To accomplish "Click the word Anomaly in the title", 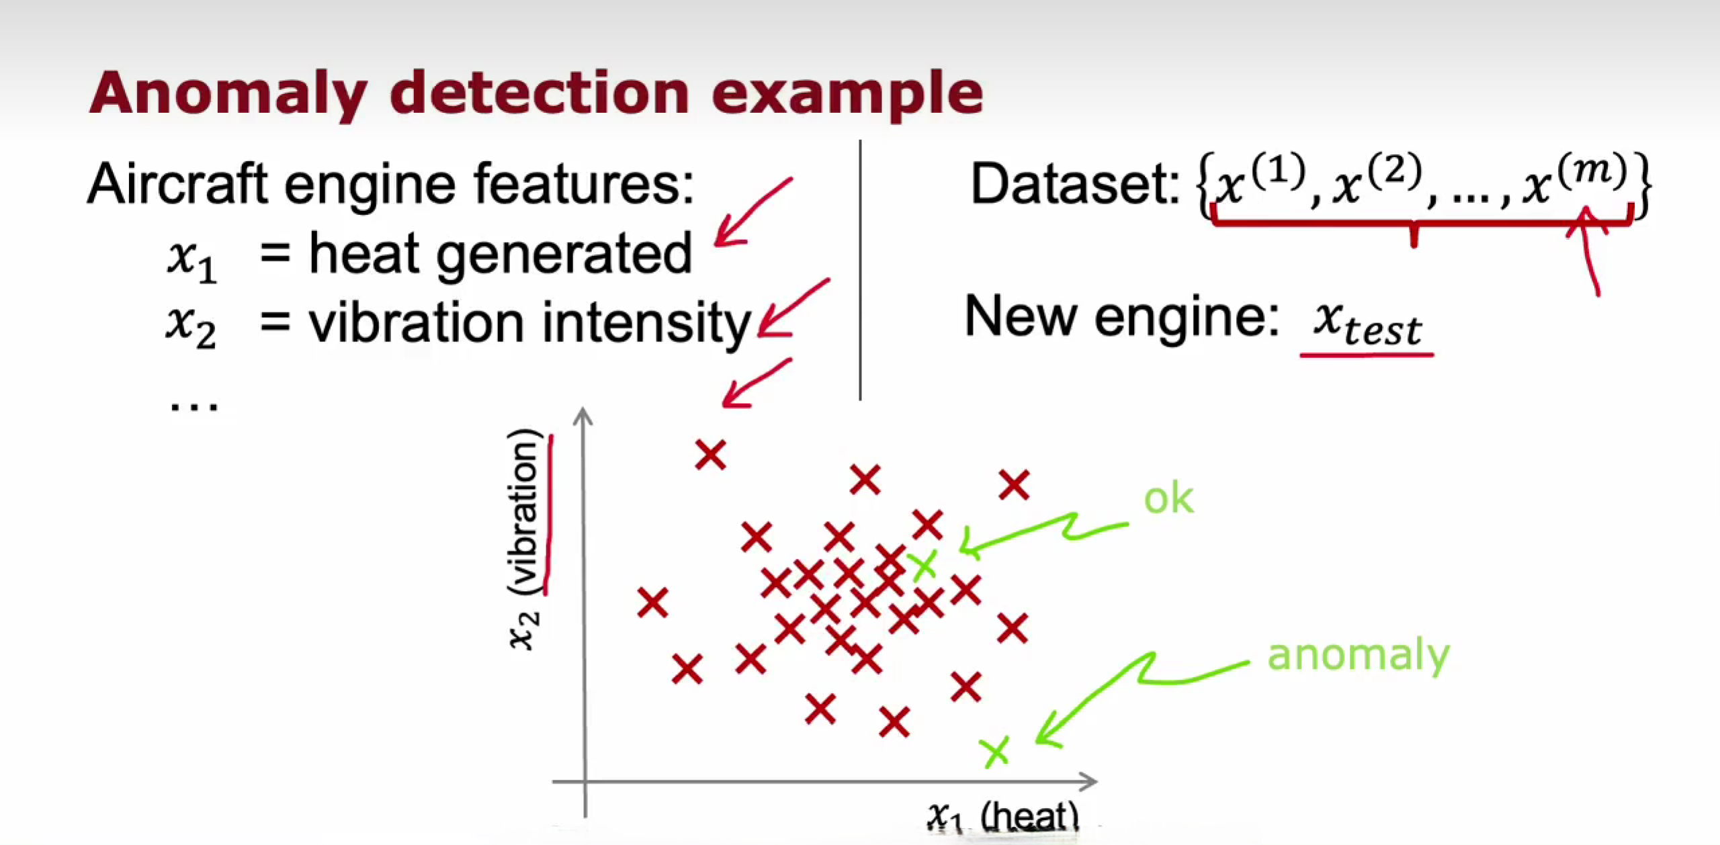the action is [x=229, y=94].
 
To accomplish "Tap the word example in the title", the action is [x=847, y=94].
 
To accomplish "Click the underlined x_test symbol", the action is [x=1367, y=324].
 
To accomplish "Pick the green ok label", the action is [x=1168, y=499].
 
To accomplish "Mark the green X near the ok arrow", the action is [x=923, y=566].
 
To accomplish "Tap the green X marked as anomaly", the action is [x=994, y=752].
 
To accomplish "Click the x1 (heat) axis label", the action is [x=1003, y=817].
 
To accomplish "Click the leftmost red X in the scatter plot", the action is [x=652, y=603].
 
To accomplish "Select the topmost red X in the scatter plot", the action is [x=710, y=455].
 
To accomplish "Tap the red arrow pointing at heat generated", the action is [x=749, y=214].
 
